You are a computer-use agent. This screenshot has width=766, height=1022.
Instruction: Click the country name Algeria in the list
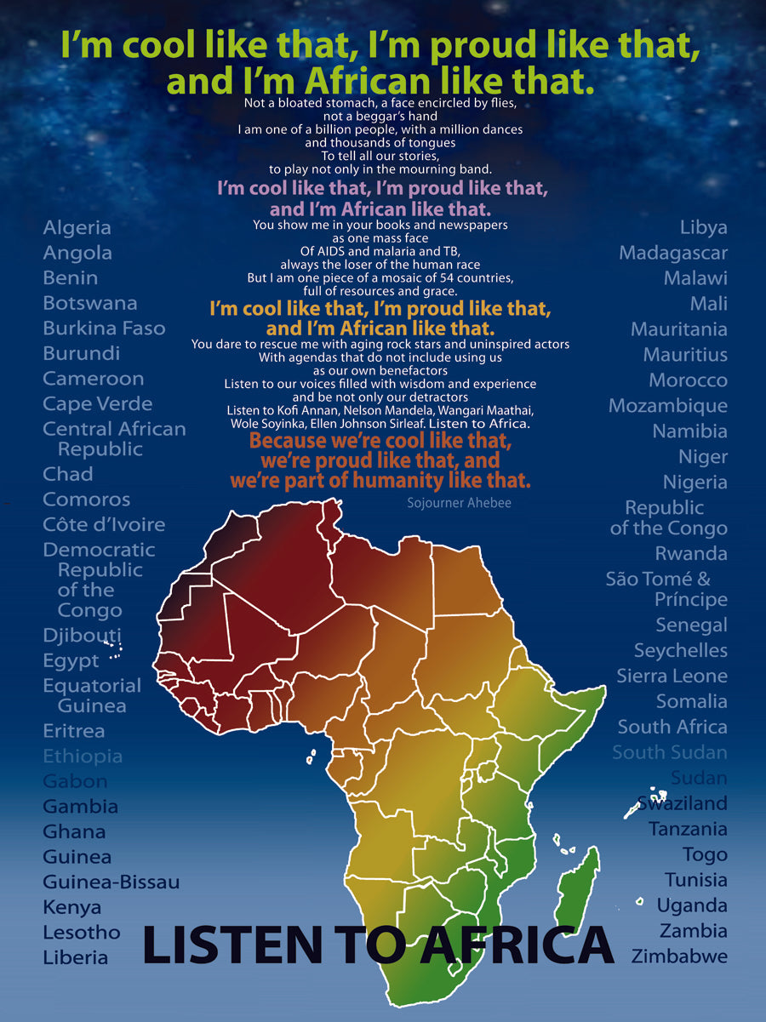(x=77, y=228)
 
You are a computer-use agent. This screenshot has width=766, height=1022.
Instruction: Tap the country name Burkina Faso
(x=105, y=328)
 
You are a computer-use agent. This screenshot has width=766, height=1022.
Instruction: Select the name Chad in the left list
(x=68, y=474)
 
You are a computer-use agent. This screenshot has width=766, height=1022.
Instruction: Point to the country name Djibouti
(x=83, y=636)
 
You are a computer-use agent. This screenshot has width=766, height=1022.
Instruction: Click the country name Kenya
(x=72, y=907)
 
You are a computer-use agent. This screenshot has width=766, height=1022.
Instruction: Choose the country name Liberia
(x=76, y=957)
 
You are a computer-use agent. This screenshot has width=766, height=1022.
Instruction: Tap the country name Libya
(x=704, y=228)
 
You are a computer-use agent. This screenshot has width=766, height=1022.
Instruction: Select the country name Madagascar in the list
(x=673, y=253)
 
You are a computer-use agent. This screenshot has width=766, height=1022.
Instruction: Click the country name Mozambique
(x=668, y=406)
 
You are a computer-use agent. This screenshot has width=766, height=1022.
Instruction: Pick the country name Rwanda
(x=691, y=554)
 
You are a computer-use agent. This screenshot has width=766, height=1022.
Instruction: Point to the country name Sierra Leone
(x=672, y=677)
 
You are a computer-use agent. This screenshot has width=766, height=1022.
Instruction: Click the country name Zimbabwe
(x=679, y=956)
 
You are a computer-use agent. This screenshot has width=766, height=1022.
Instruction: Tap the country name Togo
(x=705, y=854)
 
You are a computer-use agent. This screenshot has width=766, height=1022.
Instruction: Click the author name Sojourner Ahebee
(x=460, y=503)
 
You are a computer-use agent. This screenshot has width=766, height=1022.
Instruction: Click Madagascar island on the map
(x=580, y=885)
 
